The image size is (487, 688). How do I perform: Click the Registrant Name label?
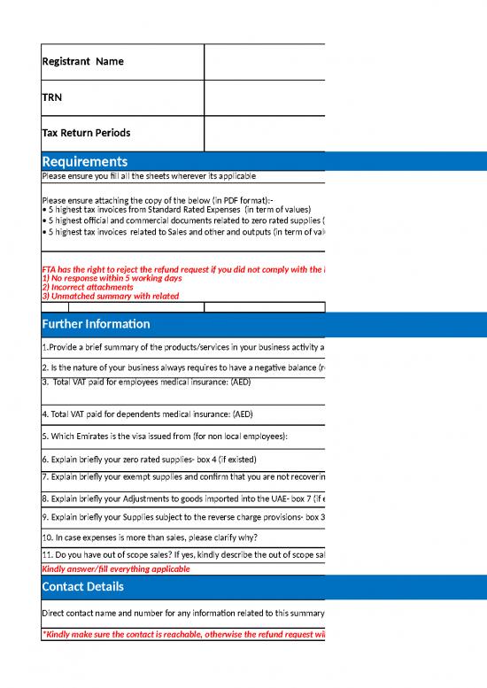[83, 62]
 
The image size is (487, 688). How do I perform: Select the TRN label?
[53, 97]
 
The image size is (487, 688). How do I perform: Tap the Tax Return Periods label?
[86, 133]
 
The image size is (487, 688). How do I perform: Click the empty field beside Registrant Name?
[264, 62]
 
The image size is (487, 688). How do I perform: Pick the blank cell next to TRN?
[264, 97]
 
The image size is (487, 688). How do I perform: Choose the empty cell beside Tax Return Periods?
[264, 133]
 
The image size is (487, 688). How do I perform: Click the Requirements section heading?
[85, 161]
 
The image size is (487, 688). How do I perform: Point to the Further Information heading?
[97, 323]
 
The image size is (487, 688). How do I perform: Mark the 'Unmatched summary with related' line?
[110, 296]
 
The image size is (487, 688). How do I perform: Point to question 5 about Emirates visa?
[168, 437]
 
